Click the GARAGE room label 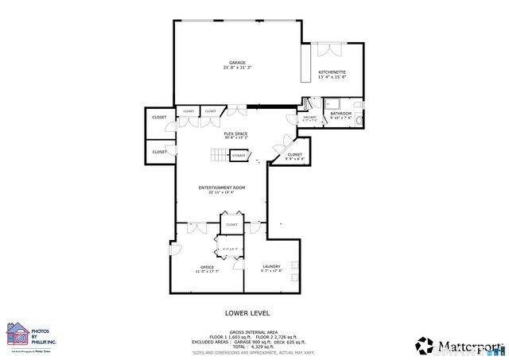[237, 62]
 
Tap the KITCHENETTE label [332, 72]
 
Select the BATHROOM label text [341, 114]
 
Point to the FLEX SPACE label [235, 133]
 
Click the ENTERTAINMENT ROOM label [222, 188]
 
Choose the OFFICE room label [207, 267]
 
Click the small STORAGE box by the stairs [239, 155]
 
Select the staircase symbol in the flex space [219, 155]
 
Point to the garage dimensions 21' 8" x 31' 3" [237, 68]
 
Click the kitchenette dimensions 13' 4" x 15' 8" [332, 77]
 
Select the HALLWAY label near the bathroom [309, 118]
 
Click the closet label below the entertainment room [231, 225]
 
